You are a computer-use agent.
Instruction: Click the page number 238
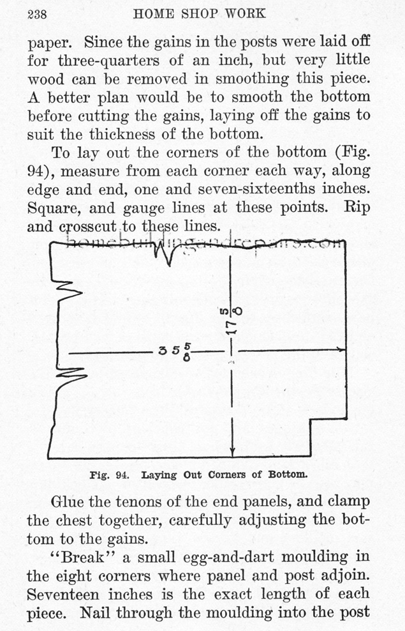37,15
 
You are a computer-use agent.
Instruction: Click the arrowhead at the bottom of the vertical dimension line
233,452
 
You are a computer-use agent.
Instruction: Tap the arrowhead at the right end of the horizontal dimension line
341,349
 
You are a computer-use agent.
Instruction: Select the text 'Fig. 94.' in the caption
109,475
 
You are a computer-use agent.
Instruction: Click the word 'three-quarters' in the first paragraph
108,61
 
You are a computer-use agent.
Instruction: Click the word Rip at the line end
357,208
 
